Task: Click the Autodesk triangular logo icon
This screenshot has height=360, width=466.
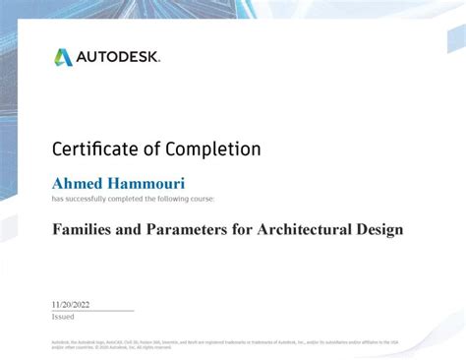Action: pyautogui.click(x=64, y=58)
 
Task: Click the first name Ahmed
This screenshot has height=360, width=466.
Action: pyautogui.click(x=78, y=183)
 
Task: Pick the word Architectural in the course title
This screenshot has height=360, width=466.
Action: pyautogui.click(x=305, y=230)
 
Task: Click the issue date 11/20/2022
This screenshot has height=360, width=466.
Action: pyautogui.click(x=71, y=305)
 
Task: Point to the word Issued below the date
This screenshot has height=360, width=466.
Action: pyautogui.click(x=62, y=317)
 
